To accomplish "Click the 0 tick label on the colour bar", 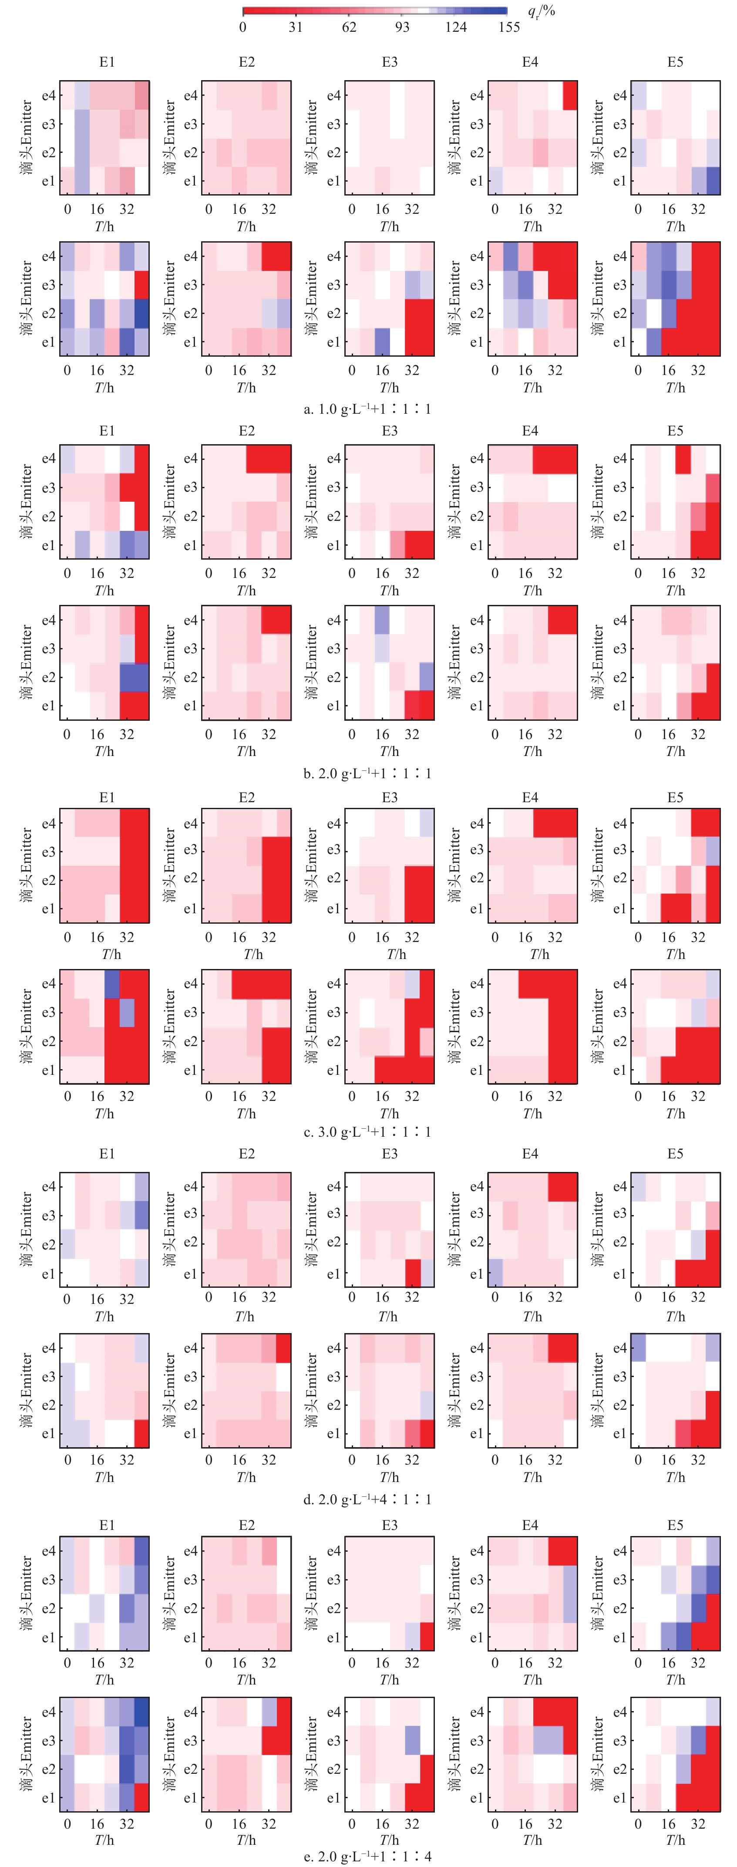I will coord(243,27).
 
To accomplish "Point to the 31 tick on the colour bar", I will coord(296,27).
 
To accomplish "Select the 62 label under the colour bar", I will coord(349,27).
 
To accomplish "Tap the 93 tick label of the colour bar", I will coord(402,27).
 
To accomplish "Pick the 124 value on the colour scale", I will coord(456,27).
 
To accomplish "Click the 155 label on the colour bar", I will coord(509,27).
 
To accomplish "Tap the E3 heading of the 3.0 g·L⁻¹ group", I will coord(390,797).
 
